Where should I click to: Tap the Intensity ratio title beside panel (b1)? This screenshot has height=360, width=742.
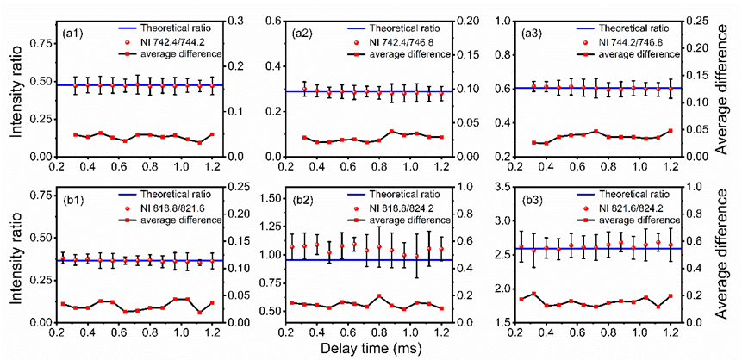(17, 255)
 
